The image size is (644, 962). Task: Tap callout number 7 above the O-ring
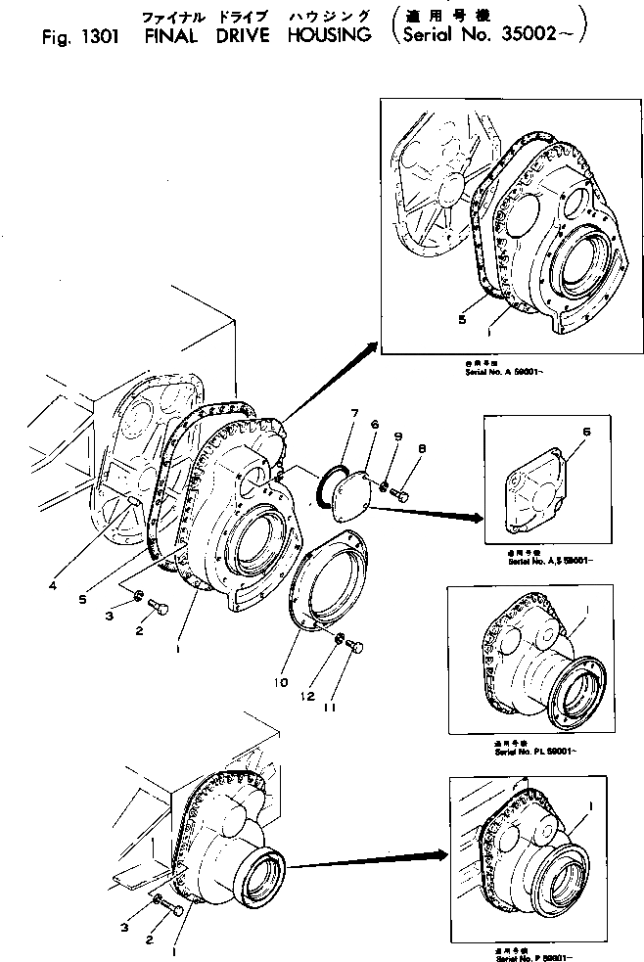click(355, 415)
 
